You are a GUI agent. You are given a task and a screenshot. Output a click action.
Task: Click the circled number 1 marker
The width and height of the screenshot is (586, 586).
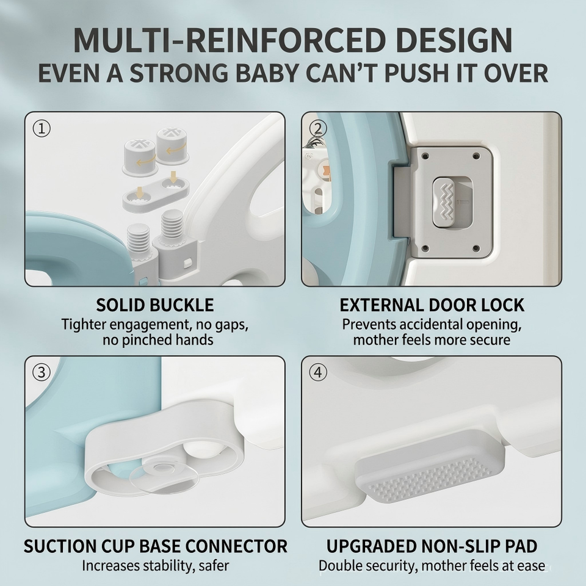click(x=42, y=129)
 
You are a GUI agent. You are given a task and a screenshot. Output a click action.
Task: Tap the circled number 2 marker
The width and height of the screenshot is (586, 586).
click(x=318, y=129)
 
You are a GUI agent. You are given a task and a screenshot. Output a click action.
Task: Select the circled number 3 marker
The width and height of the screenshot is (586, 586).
click(x=42, y=372)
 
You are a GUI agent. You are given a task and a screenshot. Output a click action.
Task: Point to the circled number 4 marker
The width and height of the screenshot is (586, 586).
click(x=318, y=372)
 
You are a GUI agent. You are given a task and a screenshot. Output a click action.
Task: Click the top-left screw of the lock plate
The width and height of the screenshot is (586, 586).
click(x=424, y=155)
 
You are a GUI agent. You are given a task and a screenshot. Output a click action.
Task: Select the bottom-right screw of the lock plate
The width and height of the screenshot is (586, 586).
click(x=476, y=248)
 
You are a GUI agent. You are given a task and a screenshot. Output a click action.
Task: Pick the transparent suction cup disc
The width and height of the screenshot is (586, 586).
click(x=164, y=476)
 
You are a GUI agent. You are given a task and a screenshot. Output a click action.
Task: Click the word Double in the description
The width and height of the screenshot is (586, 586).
click(x=342, y=565)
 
